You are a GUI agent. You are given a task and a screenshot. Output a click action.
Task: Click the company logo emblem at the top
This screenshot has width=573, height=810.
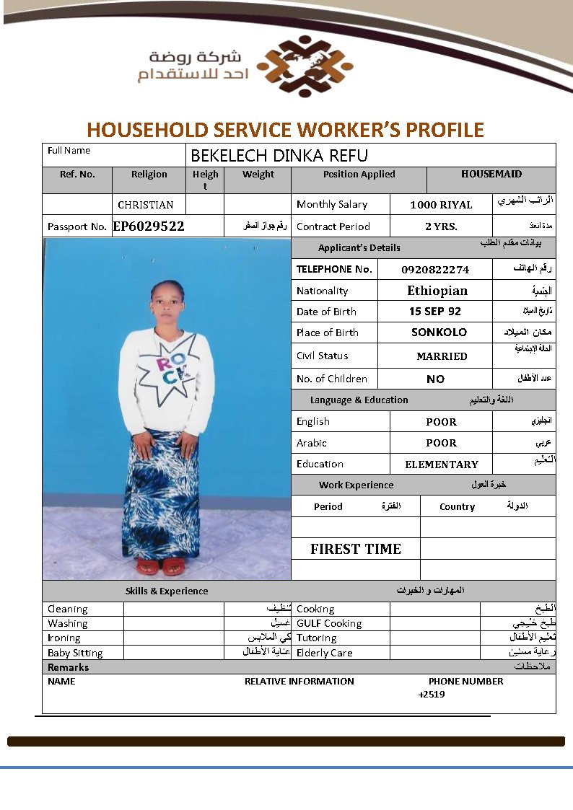coord(305,66)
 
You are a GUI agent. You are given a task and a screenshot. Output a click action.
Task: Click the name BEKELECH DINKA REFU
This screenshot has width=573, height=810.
coord(279,155)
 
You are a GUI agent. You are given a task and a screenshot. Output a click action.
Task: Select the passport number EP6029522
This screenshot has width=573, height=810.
coord(149,226)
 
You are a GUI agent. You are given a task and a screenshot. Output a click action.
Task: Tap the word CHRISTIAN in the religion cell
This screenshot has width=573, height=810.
coord(146,205)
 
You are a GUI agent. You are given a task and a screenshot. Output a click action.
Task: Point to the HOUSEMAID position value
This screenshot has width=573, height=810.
coord(491,174)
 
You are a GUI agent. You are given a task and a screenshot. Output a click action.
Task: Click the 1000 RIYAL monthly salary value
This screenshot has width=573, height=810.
coord(441,205)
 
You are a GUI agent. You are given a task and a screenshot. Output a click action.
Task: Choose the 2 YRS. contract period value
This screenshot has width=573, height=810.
coord(441,226)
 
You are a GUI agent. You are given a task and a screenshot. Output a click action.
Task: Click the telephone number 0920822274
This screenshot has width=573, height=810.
coord(435,270)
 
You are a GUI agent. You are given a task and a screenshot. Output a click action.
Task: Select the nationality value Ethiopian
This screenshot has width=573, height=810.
coord(437,291)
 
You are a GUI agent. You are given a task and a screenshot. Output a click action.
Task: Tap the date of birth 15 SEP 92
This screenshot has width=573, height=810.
coord(434,312)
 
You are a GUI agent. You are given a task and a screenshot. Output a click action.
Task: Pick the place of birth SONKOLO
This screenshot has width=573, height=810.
coord(439,333)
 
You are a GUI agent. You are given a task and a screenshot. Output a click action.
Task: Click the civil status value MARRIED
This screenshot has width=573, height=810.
coord(442,356)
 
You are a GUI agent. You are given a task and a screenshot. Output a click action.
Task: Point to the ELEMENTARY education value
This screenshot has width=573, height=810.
coord(442,465)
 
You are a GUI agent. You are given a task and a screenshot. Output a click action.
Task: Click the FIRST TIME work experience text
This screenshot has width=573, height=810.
coord(356,549)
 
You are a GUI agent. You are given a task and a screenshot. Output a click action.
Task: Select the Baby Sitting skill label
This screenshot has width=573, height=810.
coord(75,653)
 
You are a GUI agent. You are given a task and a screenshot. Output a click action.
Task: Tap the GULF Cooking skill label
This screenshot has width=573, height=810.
coord(329,623)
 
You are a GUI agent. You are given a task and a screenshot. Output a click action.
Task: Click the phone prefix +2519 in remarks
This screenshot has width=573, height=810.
coord(432,695)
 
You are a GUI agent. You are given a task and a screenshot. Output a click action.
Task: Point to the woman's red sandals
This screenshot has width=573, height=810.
coord(161,567)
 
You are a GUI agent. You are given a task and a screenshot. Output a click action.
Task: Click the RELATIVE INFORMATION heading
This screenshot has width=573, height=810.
coord(299,681)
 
